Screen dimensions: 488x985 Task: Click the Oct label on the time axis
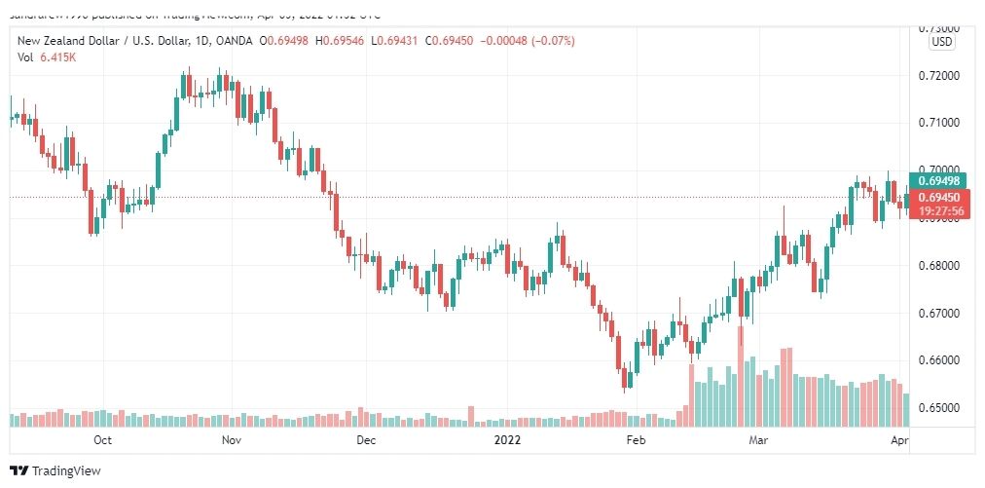(102, 440)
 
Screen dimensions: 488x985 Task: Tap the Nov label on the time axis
(231, 440)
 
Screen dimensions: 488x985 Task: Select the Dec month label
(365, 440)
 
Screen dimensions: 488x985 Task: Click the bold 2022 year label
(508, 440)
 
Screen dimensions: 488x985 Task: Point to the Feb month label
(636, 440)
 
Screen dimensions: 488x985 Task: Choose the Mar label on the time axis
(757, 440)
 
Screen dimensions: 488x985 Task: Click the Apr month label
(898, 440)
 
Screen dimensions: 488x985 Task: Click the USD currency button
(942, 42)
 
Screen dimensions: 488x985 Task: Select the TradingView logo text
(66, 471)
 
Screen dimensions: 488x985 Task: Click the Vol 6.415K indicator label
(47, 57)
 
